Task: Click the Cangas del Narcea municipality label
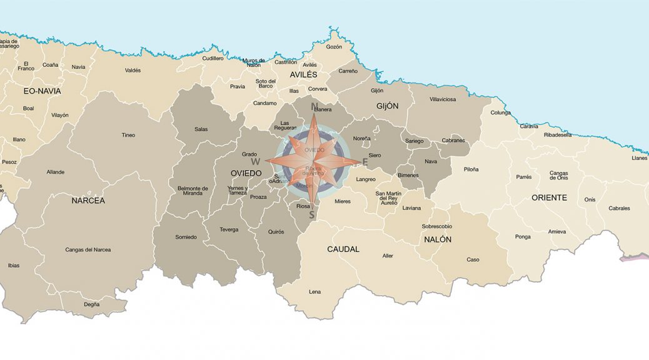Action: [88, 250]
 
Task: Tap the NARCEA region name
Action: [88, 201]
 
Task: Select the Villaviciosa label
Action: [443, 99]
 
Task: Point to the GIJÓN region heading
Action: [387, 106]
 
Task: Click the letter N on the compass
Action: [314, 106]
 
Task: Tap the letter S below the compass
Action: [311, 215]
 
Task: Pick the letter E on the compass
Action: [365, 161]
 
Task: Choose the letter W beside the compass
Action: [255, 161]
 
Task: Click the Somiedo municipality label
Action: [186, 237]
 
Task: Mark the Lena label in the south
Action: [315, 292]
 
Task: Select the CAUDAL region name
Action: [343, 249]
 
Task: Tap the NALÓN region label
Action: [438, 239]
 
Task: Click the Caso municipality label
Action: [473, 259]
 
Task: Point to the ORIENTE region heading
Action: [549, 197]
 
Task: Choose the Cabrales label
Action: [619, 208]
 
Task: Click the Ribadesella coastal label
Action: [558, 135]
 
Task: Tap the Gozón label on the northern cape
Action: [334, 47]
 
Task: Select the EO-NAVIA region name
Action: [43, 91]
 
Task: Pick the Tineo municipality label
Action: [128, 135]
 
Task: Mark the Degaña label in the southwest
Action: [91, 304]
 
